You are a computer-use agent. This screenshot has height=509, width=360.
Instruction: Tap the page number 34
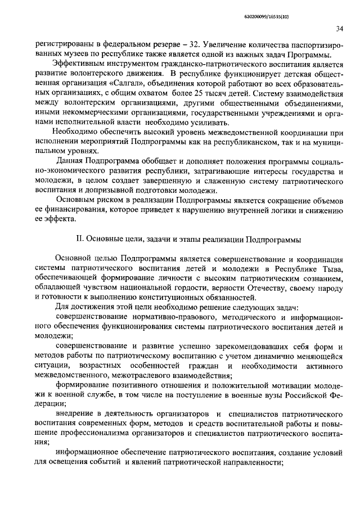(339, 29)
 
